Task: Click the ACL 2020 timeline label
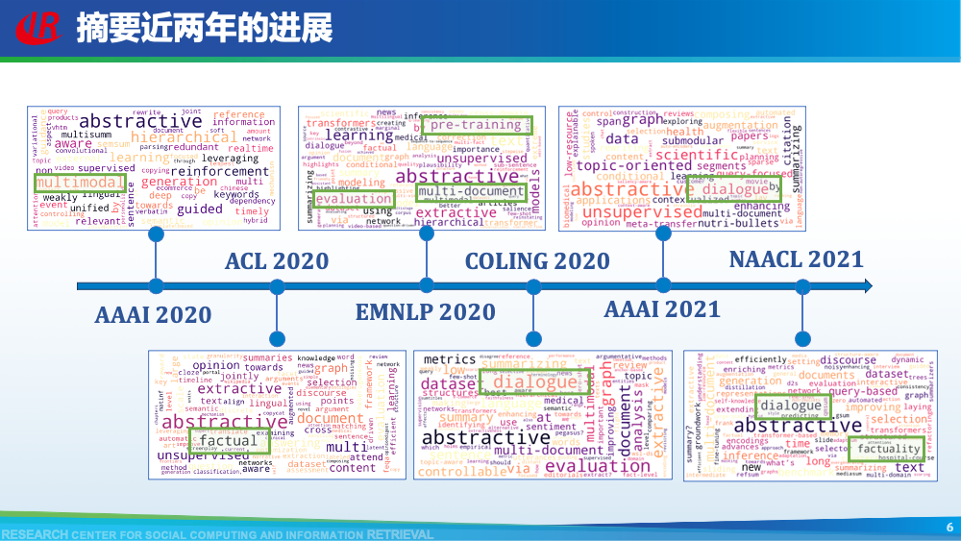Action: [x=277, y=261]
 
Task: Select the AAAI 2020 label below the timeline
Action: [x=153, y=314]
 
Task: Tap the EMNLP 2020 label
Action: [x=426, y=312]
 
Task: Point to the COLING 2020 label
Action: [x=537, y=261]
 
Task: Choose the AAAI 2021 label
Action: [x=662, y=308]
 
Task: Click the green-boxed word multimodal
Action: [x=80, y=182]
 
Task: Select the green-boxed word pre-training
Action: [x=476, y=125]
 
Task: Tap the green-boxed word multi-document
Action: [x=472, y=191]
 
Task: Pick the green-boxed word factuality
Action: [x=889, y=449]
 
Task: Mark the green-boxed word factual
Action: [x=228, y=441]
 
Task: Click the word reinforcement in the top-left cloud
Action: [x=207, y=171]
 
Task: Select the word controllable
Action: [x=462, y=472]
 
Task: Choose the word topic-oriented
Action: [x=634, y=165]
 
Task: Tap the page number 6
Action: [x=949, y=527]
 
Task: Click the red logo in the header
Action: [x=39, y=26]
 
